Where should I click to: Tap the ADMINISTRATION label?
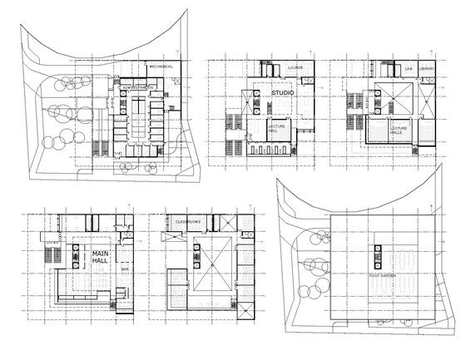[136, 86]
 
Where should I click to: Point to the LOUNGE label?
[295, 67]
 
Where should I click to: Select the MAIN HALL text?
[101, 257]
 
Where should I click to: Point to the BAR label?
[125, 269]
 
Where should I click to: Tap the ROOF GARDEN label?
[384, 274]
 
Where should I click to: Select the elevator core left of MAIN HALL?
[77, 258]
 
